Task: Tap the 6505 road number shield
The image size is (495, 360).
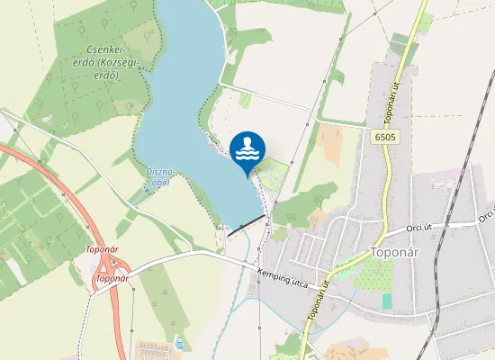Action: click(x=382, y=136)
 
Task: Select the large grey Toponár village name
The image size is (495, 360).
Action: click(x=399, y=253)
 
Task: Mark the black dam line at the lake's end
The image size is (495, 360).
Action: click(x=247, y=226)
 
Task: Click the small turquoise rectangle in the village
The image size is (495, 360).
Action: click(x=387, y=301)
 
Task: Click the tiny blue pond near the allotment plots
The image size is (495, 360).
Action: click(x=177, y=342)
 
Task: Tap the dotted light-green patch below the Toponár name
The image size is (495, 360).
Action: click(x=373, y=275)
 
